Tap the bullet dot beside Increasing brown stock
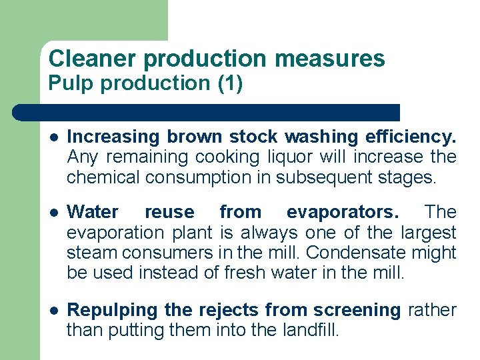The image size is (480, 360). click(x=53, y=137)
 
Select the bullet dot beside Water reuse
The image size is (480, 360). click(x=53, y=213)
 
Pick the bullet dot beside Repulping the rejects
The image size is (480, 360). click(x=53, y=310)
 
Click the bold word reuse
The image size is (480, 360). click(x=169, y=213)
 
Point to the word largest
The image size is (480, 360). click(x=429, y=233)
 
